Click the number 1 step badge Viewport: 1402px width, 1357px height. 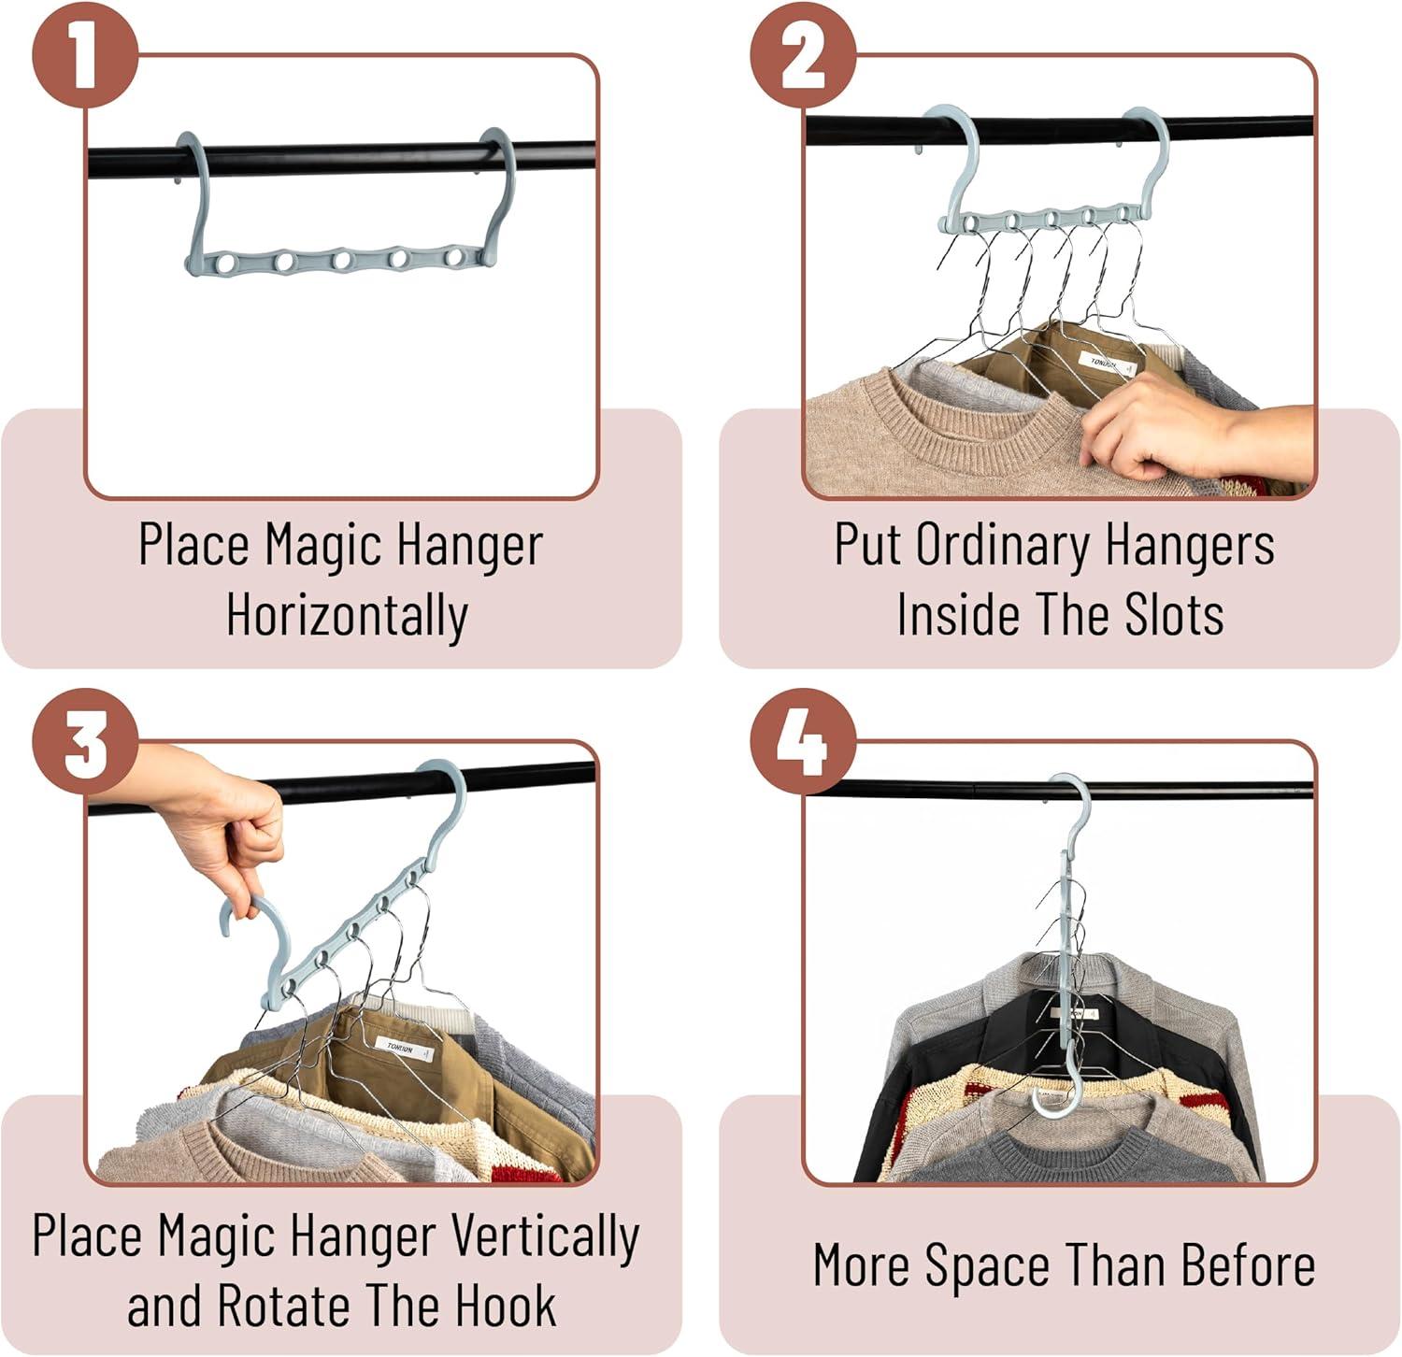click(x=85, y=55)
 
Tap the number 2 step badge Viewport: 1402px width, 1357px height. click(x=803, y=55)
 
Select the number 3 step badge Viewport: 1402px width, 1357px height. click(x=85, y=742)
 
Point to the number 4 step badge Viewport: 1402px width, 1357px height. click(x=803, y=742)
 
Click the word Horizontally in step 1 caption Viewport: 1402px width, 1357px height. click(x=347, y=617)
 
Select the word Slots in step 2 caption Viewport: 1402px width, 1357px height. click(x=1174, y=614)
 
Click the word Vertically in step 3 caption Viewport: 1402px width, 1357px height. click(x=546, y=1237)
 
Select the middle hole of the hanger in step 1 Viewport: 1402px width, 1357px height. click(x=342, y=259)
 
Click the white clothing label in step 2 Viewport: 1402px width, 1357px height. click(x=1110, y=364)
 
